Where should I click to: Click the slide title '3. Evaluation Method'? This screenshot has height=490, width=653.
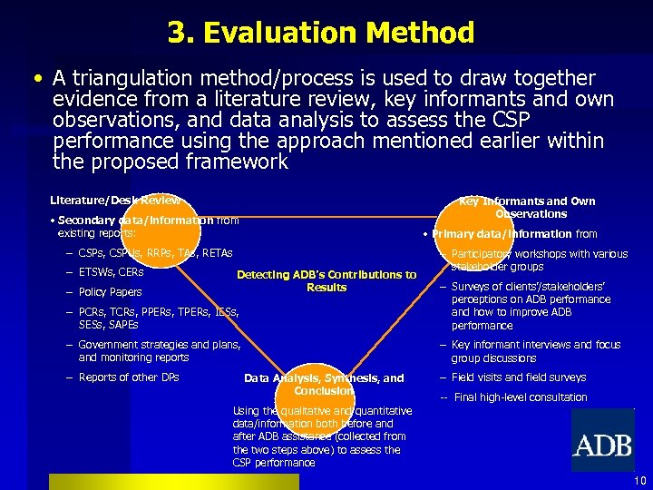320,34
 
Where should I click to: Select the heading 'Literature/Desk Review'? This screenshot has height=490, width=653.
115,200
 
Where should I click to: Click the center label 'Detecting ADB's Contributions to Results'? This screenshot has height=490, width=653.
326,280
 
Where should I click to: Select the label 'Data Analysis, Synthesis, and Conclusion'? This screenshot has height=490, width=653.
324,384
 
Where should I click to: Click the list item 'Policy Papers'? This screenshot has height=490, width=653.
110,292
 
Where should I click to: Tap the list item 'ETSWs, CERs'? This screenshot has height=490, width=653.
111,272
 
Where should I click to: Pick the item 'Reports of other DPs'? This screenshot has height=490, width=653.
128,377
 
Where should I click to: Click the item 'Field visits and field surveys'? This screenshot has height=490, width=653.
518,377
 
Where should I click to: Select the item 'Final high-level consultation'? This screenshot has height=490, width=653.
520,397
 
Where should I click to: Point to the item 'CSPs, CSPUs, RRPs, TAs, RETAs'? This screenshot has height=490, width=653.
155,253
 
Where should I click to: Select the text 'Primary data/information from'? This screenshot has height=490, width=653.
514,234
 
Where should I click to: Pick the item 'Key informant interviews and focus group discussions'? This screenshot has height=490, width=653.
535,351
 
